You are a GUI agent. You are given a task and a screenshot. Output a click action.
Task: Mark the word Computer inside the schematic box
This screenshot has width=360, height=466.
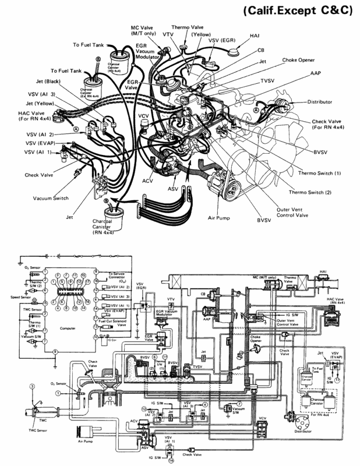[68, 329]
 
